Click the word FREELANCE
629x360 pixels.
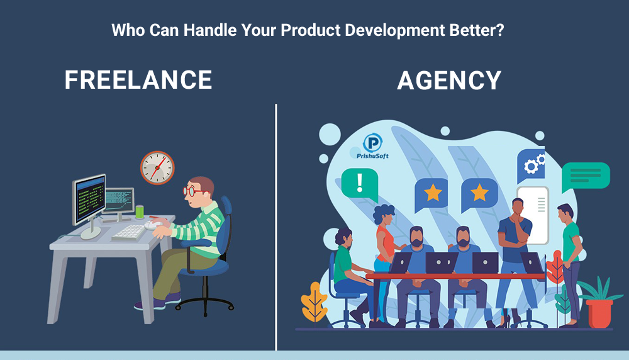click(x=138, y=79)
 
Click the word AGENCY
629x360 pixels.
click(x=449, y=81)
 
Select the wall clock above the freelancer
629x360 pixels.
click(x=157, y=168)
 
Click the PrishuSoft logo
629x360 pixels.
click(x=372, y=147)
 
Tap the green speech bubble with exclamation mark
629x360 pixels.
click(x=360, y=184)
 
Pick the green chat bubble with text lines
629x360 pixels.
click(x=586, y=176)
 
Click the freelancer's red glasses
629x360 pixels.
click(x=192, y=191)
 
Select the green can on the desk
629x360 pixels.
click(x=140, y=211)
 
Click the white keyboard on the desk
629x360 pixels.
click(x=128, y=232)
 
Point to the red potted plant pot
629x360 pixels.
click(x=599, y=313)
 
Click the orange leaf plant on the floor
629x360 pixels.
click(x=314, y=302)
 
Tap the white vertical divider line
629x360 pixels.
click(x=276, y=227)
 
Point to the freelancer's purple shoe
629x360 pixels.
click(x=149, y=305)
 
